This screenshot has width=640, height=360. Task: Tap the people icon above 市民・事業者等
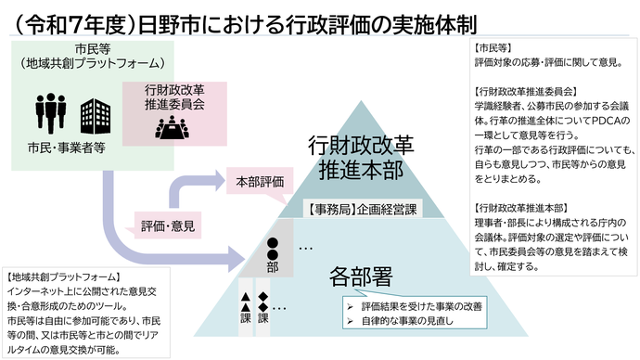point(51,112)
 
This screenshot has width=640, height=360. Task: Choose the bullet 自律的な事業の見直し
point(402,321)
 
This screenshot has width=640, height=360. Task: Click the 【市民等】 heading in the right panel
point(492,46)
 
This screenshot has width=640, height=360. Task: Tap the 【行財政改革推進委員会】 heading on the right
point(525,93)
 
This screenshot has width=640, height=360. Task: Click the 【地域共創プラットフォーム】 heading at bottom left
point(62,276)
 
